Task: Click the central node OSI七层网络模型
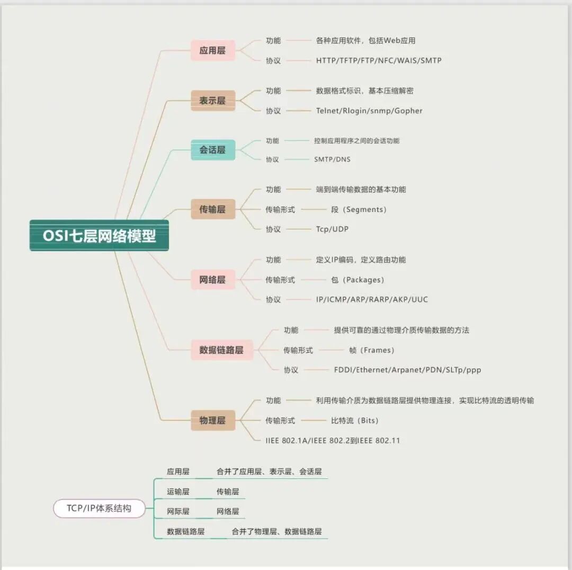pos(99,235)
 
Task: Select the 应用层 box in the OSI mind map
pos(212,50)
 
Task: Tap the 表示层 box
pos(212,101)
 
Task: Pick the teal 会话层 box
pos(212,150)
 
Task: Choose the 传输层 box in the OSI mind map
pos(212,209)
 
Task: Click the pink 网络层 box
pos(212,280)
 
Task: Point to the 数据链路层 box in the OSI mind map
pos(221,350)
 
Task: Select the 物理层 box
pos(212,421)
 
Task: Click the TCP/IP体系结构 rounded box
pos(99,509)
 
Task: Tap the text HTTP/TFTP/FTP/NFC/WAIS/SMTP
pos(379,60)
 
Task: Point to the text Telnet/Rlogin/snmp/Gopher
pos(369,111)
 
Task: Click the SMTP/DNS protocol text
pos(332,159)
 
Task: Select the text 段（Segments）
pos(359,210)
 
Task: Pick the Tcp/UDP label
pos(332,229)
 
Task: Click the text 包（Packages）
pos(358,280)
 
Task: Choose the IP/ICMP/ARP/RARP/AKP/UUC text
pos(372,300)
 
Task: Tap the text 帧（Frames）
pos(372,350)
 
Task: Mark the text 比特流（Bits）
pos(355,421)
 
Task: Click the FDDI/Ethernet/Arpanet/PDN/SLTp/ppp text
pos(407,370)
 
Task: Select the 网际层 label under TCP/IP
pos(178,512)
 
